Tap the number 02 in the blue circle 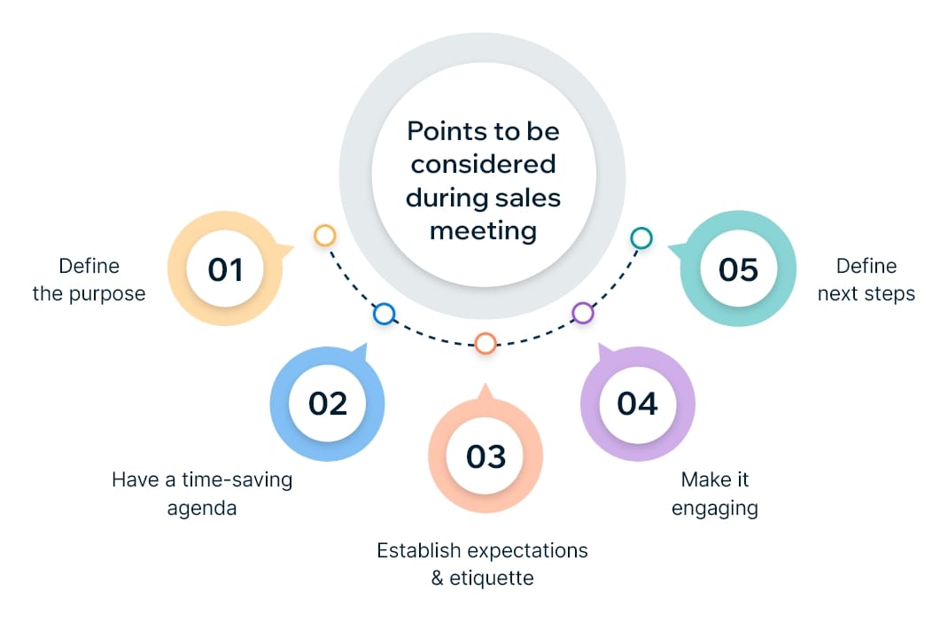328,403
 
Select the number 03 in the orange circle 486,456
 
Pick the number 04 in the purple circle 638,403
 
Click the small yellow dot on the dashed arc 325,235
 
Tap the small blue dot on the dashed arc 384,313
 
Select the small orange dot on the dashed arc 485,343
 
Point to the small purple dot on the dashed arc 582,312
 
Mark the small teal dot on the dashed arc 641,238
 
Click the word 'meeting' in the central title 483,230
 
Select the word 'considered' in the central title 483,164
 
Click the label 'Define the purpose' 89,279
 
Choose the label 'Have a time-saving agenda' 202,494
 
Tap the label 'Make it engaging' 714,494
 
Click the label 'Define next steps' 866,279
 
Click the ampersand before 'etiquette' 438,579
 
